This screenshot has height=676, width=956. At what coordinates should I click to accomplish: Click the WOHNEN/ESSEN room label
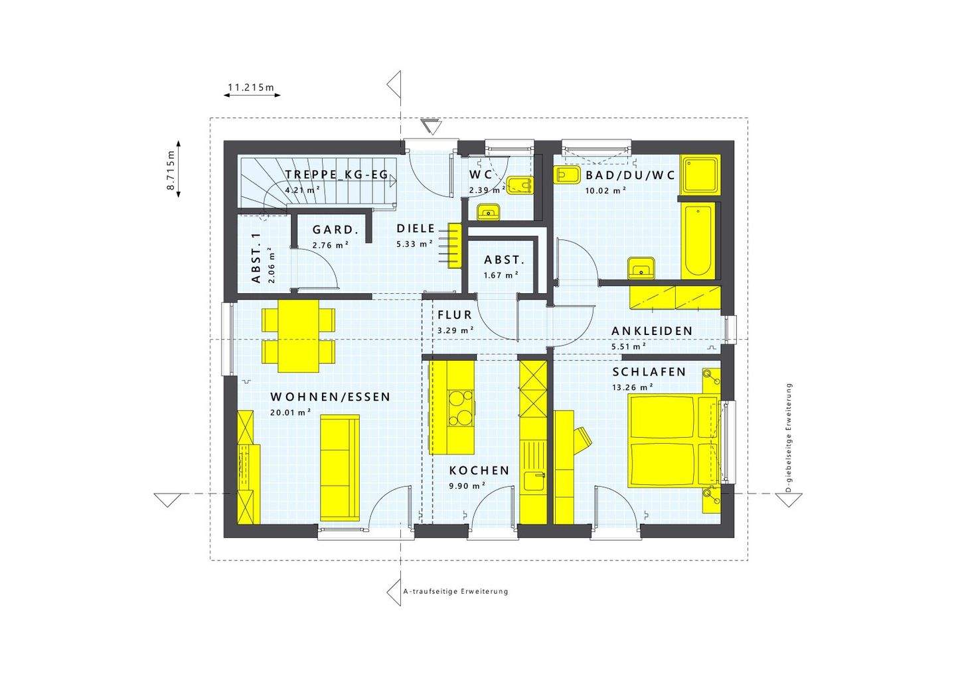click(330, 397)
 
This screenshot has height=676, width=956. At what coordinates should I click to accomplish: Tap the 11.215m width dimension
click(251, 87)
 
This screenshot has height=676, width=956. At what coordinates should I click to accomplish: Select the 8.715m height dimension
click(171, 171)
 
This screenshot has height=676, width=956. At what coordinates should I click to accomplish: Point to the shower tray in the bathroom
click(700, 174)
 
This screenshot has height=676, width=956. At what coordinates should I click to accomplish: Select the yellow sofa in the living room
click(339, 468)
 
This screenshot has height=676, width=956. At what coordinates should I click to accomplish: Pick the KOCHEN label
click(479, 470)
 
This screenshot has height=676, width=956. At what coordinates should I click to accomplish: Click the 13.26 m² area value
click(633, 387)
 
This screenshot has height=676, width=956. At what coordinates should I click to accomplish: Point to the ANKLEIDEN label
click(652, 331)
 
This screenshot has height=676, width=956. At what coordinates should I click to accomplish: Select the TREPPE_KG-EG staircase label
click(337, 174)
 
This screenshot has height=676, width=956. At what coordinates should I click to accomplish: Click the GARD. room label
click(335, 230)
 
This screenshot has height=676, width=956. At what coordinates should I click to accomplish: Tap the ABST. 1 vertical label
click(256, 259)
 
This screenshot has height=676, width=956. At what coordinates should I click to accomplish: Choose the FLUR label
click(454, 315)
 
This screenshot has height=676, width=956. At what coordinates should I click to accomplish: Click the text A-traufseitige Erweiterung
click(455, 591)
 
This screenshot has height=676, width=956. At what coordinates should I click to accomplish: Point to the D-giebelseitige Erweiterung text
click(788, 438)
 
